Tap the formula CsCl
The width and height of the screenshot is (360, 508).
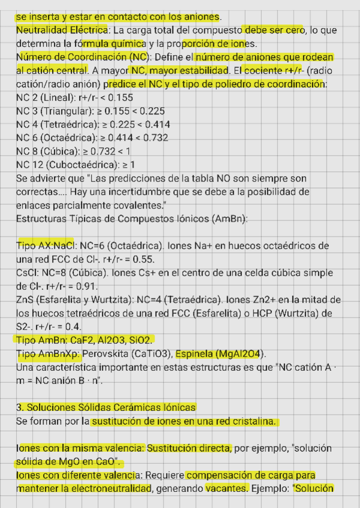(x=26, y=273)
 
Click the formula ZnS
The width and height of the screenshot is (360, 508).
(x=25, y=300)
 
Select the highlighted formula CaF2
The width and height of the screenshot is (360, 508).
(x=82, y=340)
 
